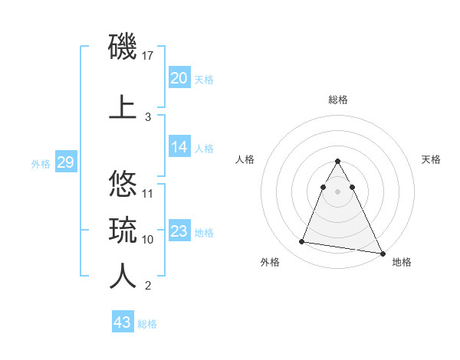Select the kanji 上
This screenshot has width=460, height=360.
123,106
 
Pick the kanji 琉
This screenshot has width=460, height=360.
123,229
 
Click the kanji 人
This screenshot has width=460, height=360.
123,276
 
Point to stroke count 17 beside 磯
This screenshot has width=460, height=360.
149,56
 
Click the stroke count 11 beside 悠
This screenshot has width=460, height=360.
149,193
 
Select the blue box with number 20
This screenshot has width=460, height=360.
179,78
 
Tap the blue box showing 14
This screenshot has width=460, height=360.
179,147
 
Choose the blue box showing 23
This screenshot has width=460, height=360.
179,231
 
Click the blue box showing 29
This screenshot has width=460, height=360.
65,162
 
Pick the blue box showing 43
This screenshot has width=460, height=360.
122,322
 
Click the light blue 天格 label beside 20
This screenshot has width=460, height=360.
204,80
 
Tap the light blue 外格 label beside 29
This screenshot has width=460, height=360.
41,163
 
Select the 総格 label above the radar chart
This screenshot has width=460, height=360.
338,100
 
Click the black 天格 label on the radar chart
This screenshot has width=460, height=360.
432,159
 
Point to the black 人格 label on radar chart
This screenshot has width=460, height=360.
245,159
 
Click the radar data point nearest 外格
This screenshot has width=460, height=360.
302,242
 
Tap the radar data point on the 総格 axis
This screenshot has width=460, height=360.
338,162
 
